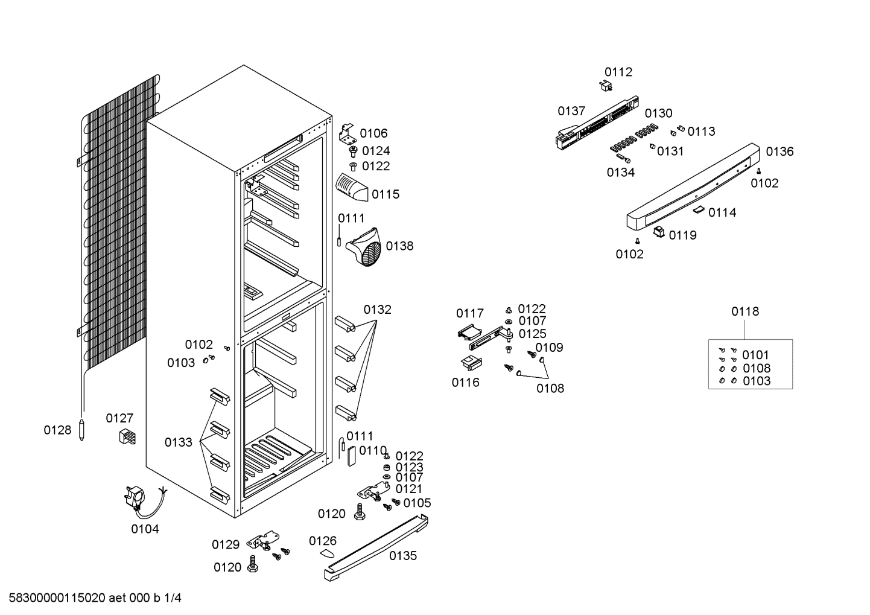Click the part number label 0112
pyautogui.click(x=618, y=72)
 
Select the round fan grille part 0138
pyautogui.click(x=364, y=247)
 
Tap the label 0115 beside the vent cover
pyautogui.click(x=386, y=194)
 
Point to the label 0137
pyautogui.click(x=571, y=111)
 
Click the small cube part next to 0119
pyautogui.click(x=659, y=232)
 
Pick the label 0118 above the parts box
pyautogui.click(x=745, y=311)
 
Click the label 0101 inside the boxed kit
pyautogui.click(x=755, y=355)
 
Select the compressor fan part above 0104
pyautogui.click(x=135, y=499)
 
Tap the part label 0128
pyautogui.click(x=57, y=430)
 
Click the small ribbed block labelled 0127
pyautogui.click(x=127, y=437)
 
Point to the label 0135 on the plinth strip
pyautogui.click(x=403, y=556)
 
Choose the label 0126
pyautogui.click(x=323, y=541)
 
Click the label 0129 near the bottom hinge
pyautogui.click(x=226, y=544)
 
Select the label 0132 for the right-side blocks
pyautogui.click(x=378, y=310)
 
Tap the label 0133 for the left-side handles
pyautogui.click(x=178, y=442)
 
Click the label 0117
pyautogui.click(x=470, y=313)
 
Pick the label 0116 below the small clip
pyautogui.click(x=466, y=383)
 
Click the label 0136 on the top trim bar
pyautogui.click(x=780, y=151)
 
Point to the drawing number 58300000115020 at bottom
pyautogui.click(x=57, y=598)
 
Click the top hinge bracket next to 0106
pyautogui.click(x=348, y=133)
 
